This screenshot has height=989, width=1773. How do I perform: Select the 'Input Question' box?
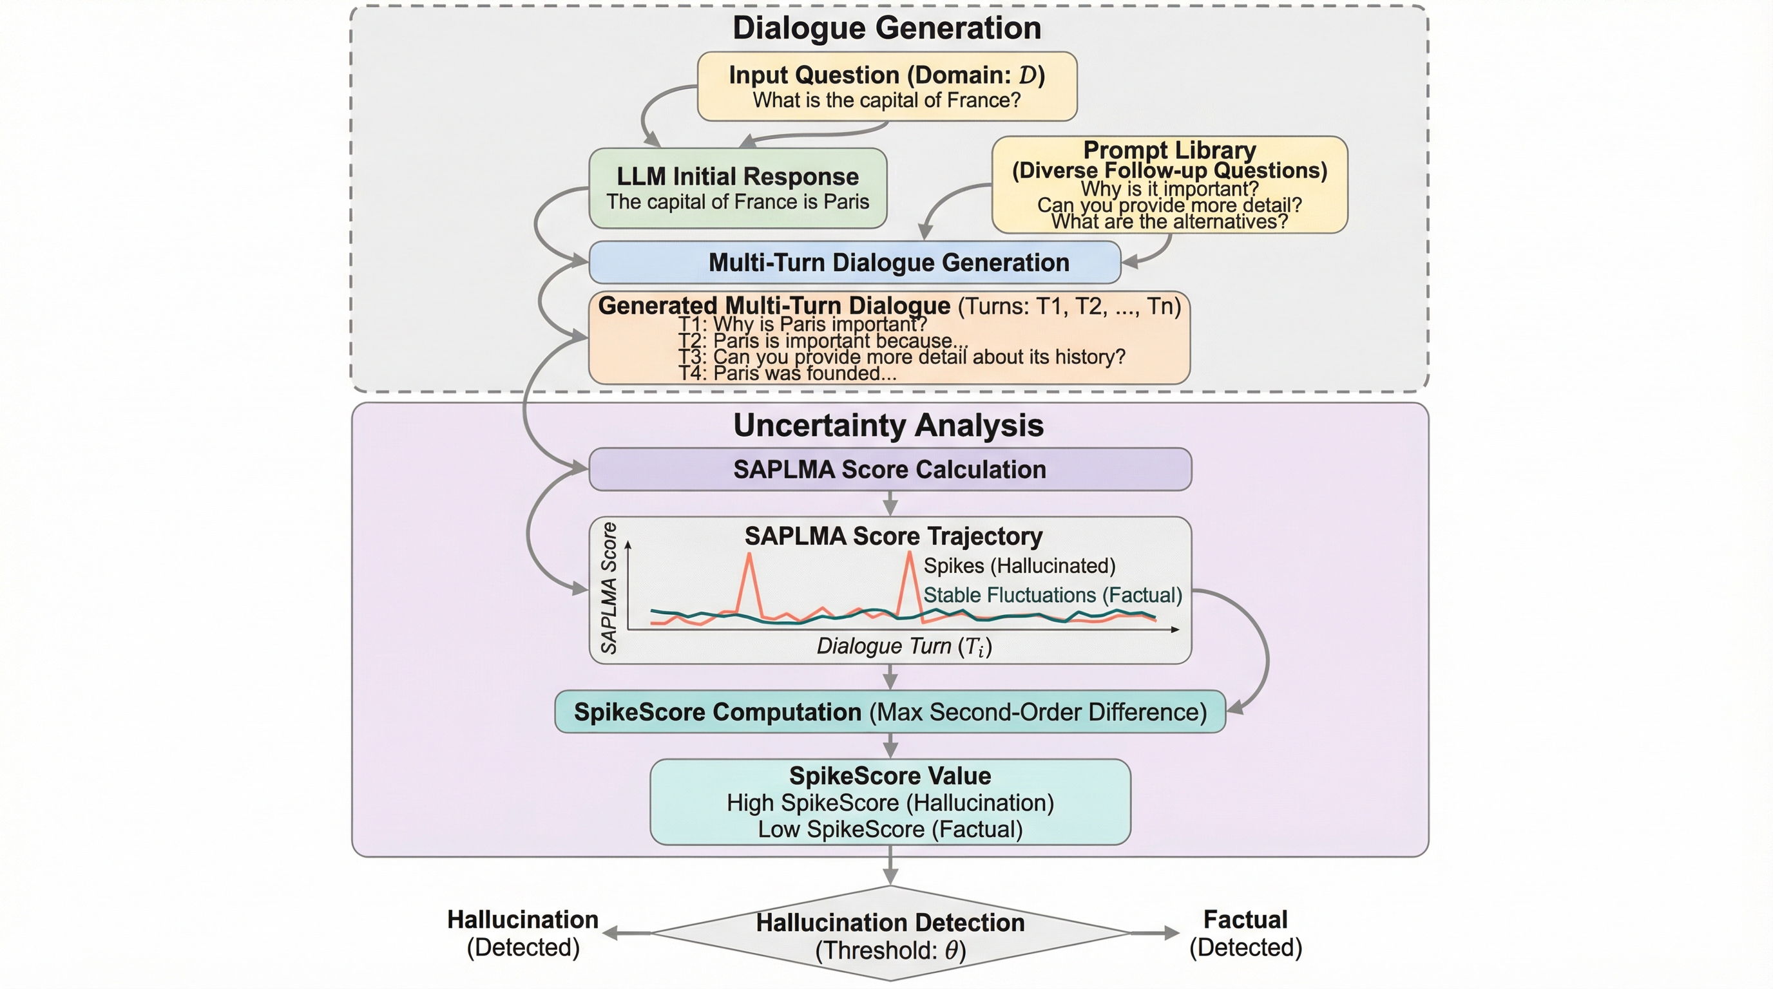click(x=886, y=87)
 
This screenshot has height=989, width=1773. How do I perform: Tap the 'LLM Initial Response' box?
click(x=737, y=188)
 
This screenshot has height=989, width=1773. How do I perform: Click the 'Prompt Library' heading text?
click(x=1169, y=150)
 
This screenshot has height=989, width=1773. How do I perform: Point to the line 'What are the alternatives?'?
click(x=1169, y=222)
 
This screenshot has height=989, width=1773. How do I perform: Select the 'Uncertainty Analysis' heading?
click(x=888, y=425)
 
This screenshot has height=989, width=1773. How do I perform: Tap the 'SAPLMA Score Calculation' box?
click(x=889, y=469)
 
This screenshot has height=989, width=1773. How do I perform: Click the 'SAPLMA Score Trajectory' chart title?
click(x=893, y=536)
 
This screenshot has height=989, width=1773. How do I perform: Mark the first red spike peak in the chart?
click(x=749, y=554)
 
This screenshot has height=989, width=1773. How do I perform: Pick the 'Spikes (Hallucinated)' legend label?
click(x=1019, y=565)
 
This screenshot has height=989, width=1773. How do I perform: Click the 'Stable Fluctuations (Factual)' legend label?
click(x=1051, y=595)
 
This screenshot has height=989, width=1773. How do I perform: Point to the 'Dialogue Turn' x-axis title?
click(x=904, y=646)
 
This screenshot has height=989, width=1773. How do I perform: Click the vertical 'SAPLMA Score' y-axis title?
click(x=608, y=587)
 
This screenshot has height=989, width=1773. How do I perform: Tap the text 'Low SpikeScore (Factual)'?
click(x=889, y=829)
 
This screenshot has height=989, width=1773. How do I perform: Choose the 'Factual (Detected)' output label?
click(x=1245, y=933)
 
